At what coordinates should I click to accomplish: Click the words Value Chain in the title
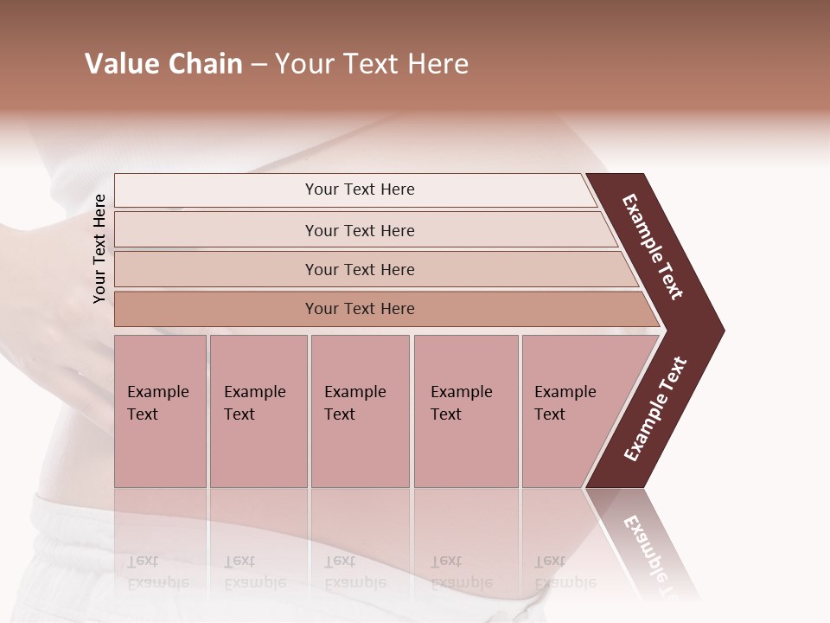click(163, 64)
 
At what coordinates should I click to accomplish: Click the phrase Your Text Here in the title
click(372, 64)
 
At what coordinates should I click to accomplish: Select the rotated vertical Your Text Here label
click(99, 248)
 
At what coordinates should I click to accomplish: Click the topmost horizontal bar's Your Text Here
click(360, 189)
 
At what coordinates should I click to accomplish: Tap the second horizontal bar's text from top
click(360, 230)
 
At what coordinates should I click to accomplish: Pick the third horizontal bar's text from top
click(360, 269)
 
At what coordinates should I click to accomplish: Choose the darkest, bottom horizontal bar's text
click(360, 308)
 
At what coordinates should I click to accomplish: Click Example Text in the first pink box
click(157, 402)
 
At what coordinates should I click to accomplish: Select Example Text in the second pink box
click(254, 402)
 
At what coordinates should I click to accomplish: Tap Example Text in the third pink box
click(354, 402)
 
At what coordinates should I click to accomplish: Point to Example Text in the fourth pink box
click(461, 402)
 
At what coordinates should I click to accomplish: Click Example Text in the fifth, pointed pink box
click(565, 402)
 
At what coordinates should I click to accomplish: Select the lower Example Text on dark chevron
click(655, 409)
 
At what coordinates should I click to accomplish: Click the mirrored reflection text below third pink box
click(354, 572)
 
